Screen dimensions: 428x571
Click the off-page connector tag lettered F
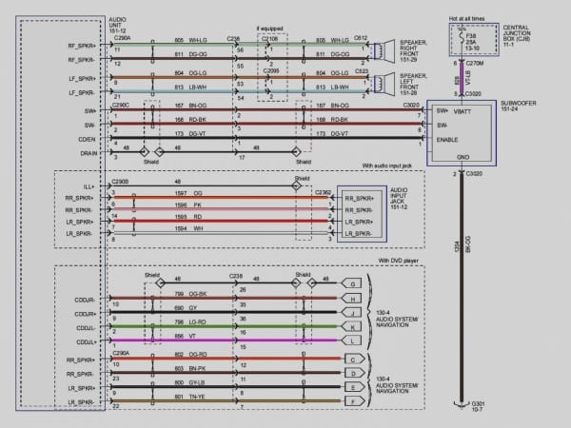(x=355, y=401)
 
